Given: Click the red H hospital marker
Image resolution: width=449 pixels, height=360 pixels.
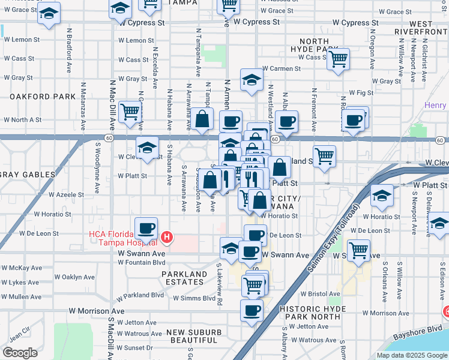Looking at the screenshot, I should tap(167, 238).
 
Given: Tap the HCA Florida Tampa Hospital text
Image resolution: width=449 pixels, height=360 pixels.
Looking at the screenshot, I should tap(123, 238).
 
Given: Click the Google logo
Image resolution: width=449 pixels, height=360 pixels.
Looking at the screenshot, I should tap(20, 352).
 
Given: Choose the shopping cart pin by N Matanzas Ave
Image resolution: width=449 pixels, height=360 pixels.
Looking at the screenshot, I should tap(130, 111).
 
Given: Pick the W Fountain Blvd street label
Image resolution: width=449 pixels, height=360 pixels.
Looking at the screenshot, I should tap(142, 262).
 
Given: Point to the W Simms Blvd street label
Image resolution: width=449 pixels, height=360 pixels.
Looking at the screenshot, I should tap(194, 298).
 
